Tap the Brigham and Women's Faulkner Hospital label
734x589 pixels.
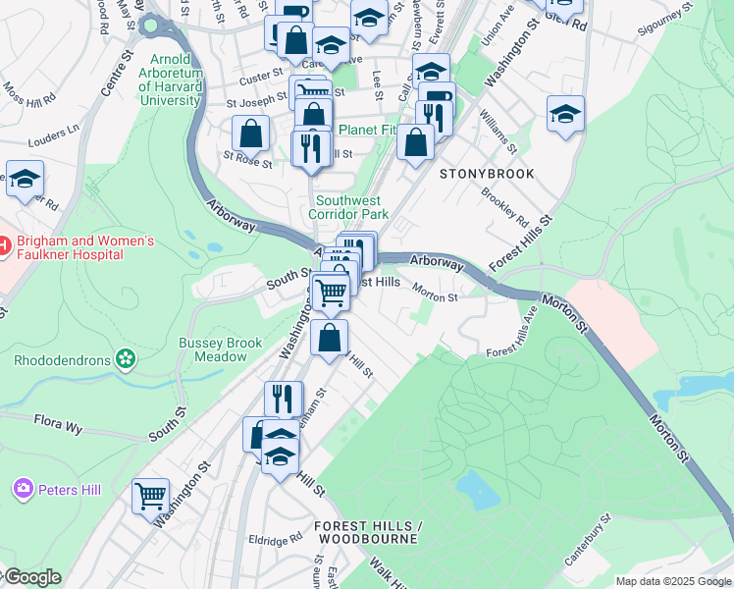click(77, 247)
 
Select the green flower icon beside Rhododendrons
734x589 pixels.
click(126, 359)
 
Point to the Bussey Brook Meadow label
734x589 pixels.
click(220, 349)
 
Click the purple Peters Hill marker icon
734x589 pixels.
click(23, 488)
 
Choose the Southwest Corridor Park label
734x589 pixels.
click(348, 207)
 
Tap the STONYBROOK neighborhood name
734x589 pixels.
click(487, 174)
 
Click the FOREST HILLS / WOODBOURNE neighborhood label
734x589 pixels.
click(366, 532)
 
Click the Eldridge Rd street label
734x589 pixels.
click(275, 539)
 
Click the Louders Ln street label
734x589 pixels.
click(54, 131)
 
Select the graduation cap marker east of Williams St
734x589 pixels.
click(565, 114)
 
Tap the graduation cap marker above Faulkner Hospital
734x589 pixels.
click(25, 179)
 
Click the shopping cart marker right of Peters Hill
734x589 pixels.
click(150, 496)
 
